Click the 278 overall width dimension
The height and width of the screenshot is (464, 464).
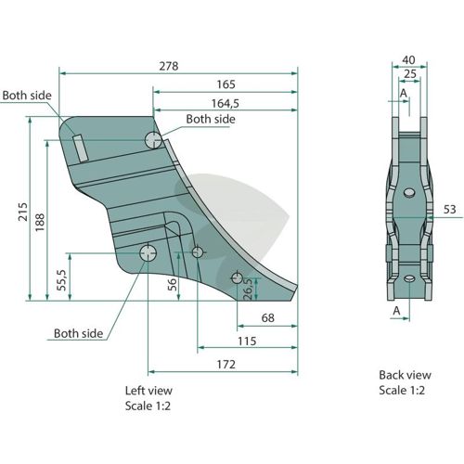169,66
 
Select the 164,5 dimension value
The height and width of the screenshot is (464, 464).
226,103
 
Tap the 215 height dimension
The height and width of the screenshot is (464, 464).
23,212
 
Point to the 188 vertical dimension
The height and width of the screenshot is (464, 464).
40,222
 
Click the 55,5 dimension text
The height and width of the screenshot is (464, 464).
62,280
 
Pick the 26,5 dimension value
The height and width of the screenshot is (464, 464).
248,290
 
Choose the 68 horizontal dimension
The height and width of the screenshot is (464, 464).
268,318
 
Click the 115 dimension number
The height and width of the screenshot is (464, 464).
247,342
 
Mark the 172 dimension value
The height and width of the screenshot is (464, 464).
226,365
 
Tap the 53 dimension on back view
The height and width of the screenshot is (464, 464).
449,210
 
